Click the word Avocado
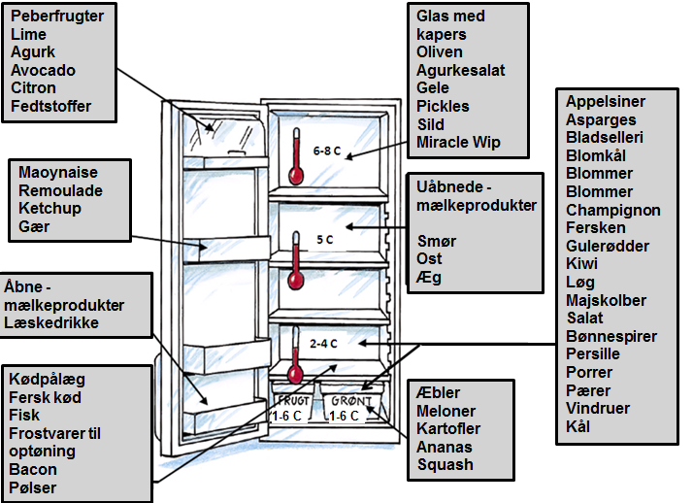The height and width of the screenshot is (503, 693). [43, 70]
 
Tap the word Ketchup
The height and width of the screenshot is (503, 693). [49, 208]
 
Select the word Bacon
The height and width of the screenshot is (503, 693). [32, 470]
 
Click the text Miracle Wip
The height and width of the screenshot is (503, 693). [458, 143]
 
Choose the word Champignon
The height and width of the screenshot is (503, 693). [613, 210]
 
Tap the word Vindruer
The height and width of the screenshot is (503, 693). [598, 408]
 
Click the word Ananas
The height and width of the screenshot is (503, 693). [445, 447]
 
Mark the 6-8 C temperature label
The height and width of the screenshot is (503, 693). [327, 151]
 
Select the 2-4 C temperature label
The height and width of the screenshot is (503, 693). [324, 343]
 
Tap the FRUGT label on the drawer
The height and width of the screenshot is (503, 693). [294, 400]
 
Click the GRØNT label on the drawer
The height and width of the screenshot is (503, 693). [349, 400]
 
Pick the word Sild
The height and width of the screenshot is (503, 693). [431, 124]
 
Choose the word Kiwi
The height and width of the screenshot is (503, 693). [582, 263]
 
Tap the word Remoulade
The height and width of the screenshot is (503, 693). [60, 190]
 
